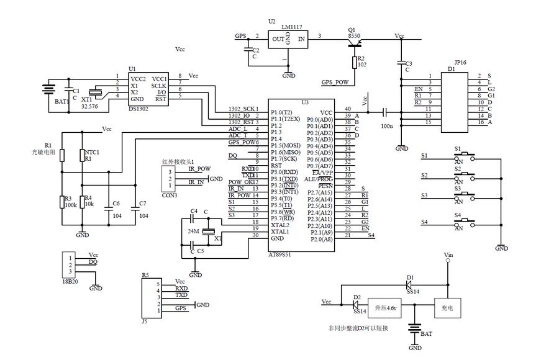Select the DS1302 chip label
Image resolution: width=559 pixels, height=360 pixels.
pyautogui.click(x=139, y=109)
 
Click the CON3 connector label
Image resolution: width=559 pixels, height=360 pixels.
pyautogui.click(x=169, y=195)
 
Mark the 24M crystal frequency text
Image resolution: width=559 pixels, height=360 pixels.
pyautogui.click(x=193, y=232)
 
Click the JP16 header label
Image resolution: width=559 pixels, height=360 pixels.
pyautogui.click(x=460, y=62)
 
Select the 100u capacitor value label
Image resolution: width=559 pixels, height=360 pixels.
pyautogui.click(x=387, y=125)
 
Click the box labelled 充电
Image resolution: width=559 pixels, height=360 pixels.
pyautogui.click(x=447, y=307)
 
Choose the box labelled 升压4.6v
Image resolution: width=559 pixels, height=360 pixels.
pyautogui.click(x=385, y=307)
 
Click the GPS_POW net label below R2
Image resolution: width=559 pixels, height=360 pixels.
pyautogui.click(x=335, y=81)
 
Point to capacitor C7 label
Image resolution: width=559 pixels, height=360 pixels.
pyautogui.click(x=143, y=203)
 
